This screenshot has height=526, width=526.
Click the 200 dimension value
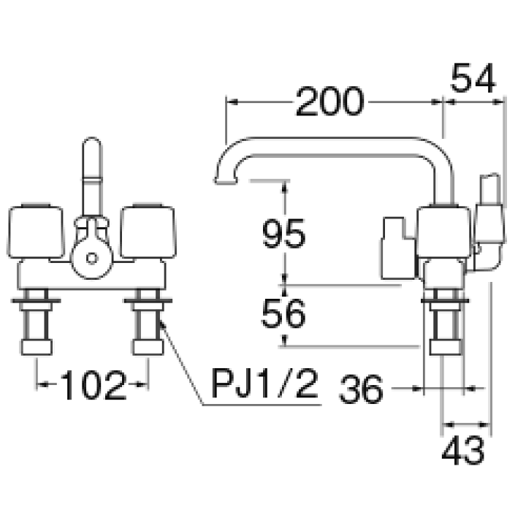coord(329,102)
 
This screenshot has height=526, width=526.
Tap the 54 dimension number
coord(473,77)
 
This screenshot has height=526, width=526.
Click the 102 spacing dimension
coord(92,385)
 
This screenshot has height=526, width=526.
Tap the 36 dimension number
coord(361,389)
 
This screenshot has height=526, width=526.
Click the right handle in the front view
coord(149,232)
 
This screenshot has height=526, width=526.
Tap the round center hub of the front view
coord(91,257)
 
